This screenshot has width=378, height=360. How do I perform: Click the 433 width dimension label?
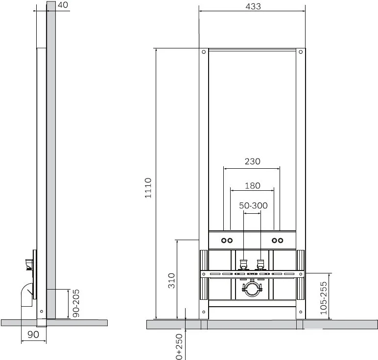click(x=253, y=6)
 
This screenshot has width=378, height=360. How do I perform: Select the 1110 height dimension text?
click(x=148, y=188)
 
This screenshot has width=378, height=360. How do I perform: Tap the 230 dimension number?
click(x=252, y=161)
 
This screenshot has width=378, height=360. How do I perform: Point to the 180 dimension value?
click(x=252, y=186)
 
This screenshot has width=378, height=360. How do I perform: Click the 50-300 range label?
click(x=253, y=205)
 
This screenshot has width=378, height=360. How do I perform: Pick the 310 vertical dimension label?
click(x=171, y=281)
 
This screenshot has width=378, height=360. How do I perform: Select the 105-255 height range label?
click(x=324, y=298)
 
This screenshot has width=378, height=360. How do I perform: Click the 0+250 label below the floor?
click(x=179, y=346)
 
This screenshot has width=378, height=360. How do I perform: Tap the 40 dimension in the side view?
click(x=63, y=5)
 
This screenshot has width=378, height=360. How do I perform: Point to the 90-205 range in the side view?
click(x=76, y=303)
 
